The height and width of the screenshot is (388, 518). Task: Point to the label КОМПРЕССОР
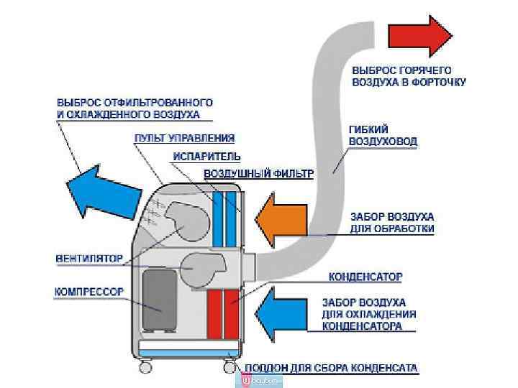pos(89,292)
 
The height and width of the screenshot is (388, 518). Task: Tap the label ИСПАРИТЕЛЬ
pos(206,156)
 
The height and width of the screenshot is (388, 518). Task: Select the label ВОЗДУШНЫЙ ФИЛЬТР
pos(259,174)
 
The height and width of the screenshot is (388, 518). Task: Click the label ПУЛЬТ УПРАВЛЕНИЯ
pos(185,138)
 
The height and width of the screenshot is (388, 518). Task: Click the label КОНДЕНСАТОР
pos(365,276)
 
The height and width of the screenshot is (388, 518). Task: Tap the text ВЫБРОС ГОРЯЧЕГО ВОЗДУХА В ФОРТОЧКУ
pos(409,76)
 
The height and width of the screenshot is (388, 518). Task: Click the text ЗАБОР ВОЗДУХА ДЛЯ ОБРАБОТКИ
pos(391,222)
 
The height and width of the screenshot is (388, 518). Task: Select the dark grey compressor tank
pos(161,300)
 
